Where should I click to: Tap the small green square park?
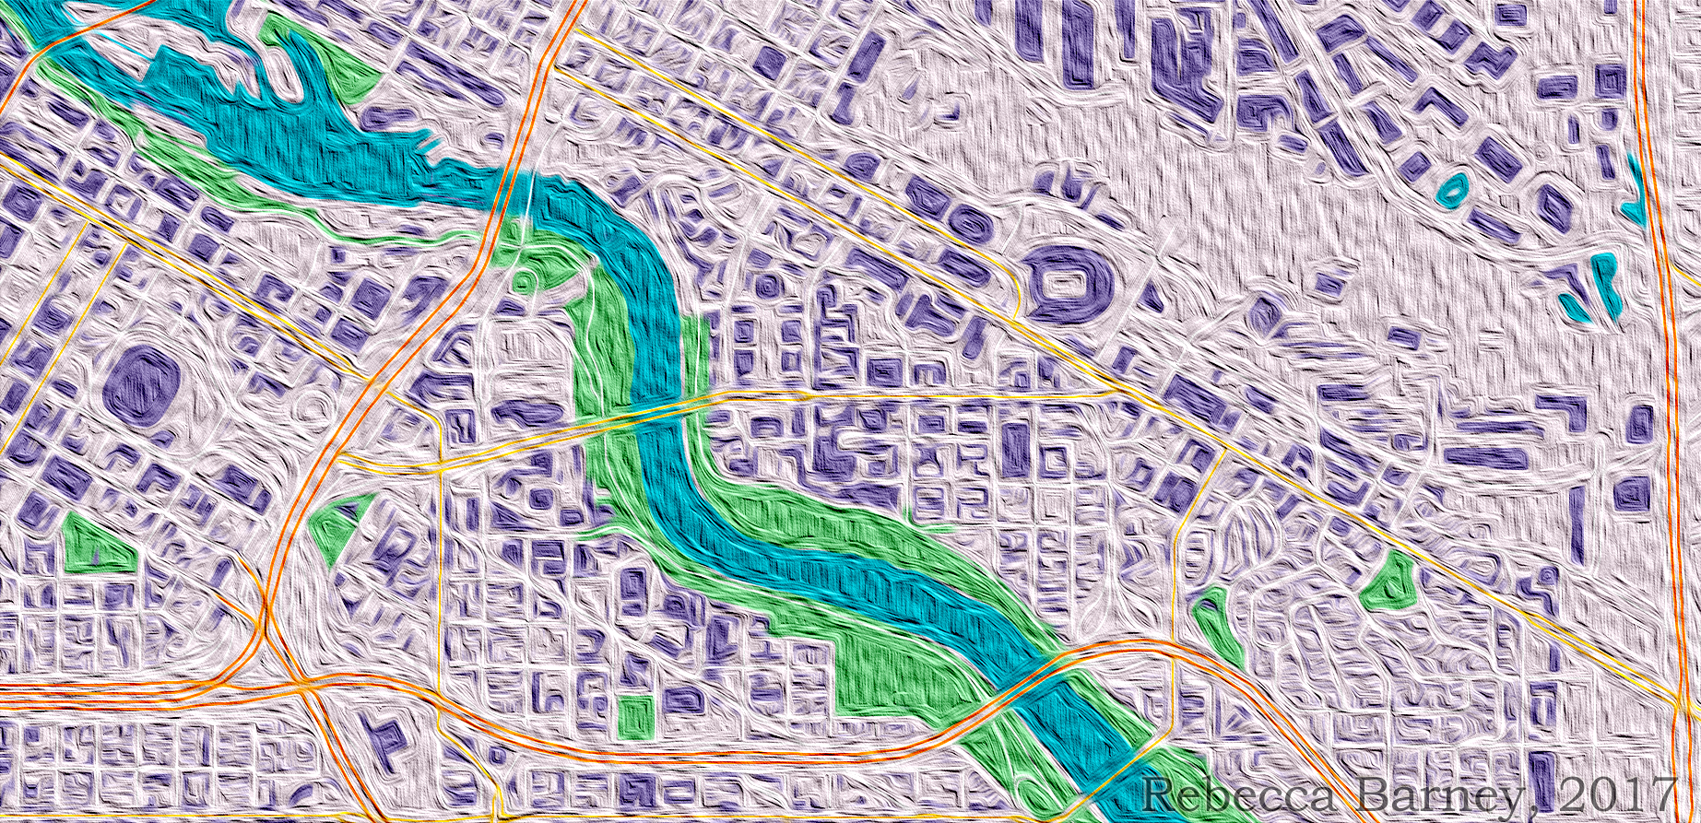(x=635, y=716)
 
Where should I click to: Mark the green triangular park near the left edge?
(x=92, y=544)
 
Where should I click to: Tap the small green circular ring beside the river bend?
(x=525, y=275)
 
